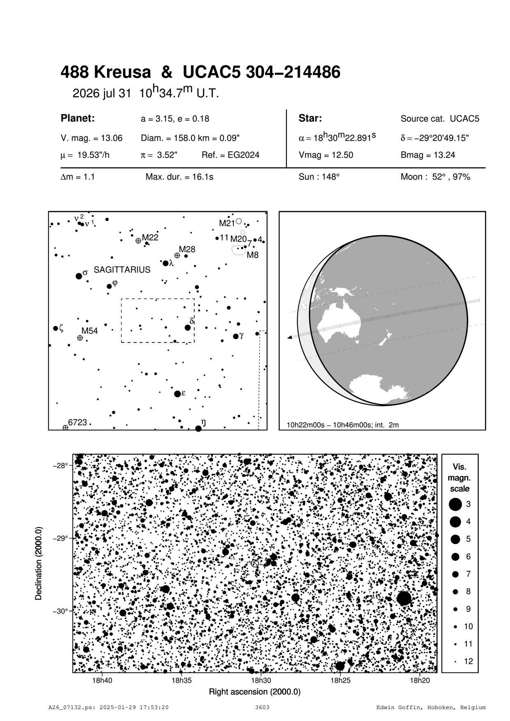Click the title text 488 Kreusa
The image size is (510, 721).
pos(106,73)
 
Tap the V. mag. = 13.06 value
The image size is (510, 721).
pos(91,138)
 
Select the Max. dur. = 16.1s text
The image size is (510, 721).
pos(179,177)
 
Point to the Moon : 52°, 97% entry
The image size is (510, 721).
pos(435,177)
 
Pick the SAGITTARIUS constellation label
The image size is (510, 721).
pos(122,270)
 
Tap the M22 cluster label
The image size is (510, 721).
pos(150,237)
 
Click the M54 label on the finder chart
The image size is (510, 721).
pos(89,331)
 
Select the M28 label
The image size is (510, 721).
pos(187,249)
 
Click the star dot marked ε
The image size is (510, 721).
pos(177,394)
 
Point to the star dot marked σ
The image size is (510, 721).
pos(79,276)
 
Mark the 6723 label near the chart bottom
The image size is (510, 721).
pos(77,422)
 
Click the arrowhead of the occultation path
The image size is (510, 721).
pos(289,337)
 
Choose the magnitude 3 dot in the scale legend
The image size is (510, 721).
pos(455,504)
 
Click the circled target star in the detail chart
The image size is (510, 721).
pos(255,563)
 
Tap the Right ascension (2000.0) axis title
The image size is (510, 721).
pos(255,692)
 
